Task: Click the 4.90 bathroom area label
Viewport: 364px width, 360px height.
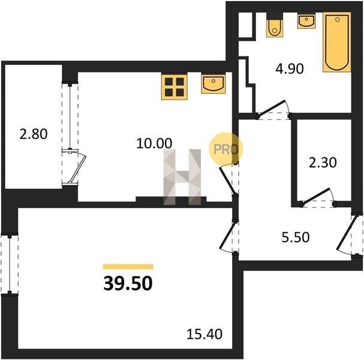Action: (290, 69)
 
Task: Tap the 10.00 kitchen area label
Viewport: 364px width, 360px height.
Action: (154, 143)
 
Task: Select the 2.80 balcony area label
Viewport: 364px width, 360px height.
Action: (34, 134)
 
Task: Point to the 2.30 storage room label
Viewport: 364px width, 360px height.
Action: (323, 163)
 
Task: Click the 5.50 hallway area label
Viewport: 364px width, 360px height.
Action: (295, 238)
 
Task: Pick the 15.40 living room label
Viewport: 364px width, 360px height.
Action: (204, 334)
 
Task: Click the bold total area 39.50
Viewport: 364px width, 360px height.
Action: (128, 283)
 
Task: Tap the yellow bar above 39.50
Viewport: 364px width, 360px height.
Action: (128, 266)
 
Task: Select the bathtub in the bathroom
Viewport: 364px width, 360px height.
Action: (337, 42)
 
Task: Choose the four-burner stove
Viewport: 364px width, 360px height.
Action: (175, 86)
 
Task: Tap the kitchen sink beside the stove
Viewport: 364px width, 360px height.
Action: (213, 84)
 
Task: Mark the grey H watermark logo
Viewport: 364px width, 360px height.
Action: (182, 177)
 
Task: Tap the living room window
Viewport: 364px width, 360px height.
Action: (10, 265)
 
